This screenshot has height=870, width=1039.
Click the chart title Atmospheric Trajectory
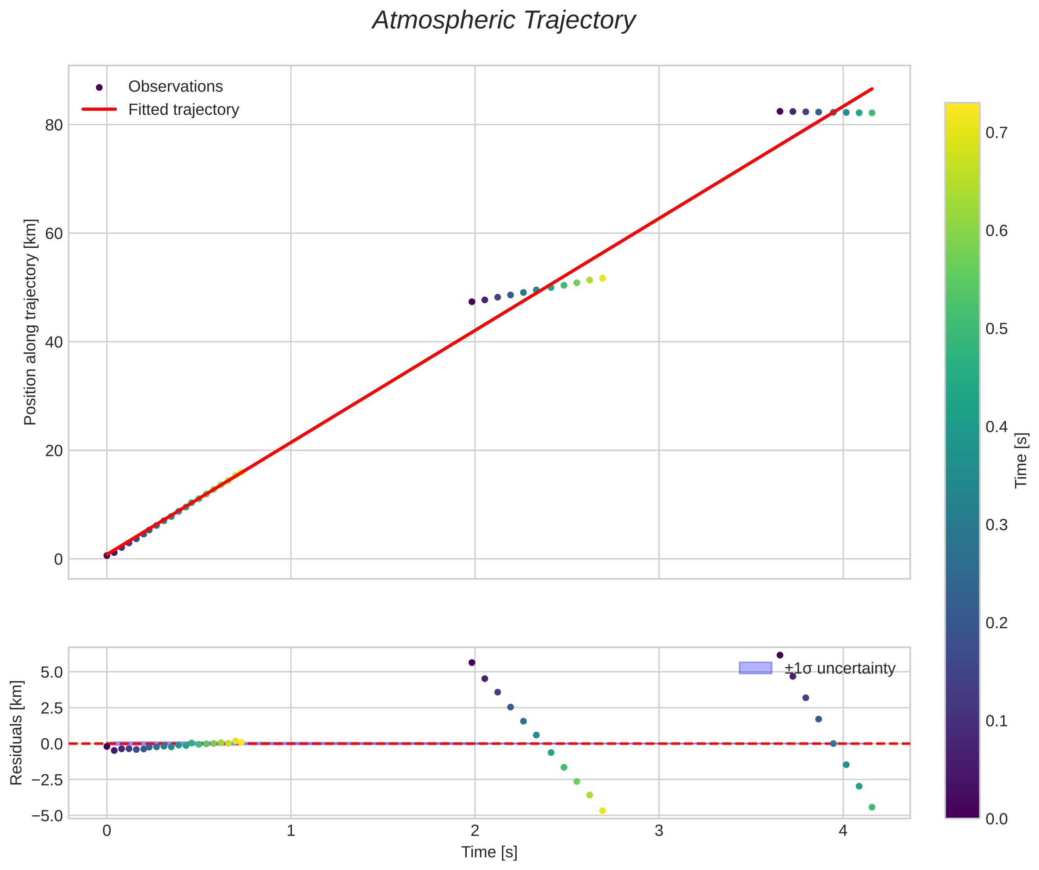[504, 21]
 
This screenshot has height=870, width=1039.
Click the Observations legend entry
[175, 87]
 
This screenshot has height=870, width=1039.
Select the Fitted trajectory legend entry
[183, 110]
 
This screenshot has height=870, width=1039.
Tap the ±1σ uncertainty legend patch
[755, 668]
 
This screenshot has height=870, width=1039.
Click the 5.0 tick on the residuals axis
[51, 672]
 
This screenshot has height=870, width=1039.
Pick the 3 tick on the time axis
[659, 831]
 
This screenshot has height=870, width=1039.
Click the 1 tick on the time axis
[291, 831]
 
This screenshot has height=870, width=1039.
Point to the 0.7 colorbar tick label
[996, 133]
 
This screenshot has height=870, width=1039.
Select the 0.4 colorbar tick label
[996, 427]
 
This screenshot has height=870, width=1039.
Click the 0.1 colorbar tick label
[996, 721]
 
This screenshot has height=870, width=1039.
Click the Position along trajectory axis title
[31, 322]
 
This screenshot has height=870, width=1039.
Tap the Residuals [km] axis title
[16, 733]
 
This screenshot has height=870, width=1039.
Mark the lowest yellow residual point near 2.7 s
[602, 811]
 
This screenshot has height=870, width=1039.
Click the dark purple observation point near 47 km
[471, 301]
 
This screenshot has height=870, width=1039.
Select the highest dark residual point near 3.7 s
[780, 655]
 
